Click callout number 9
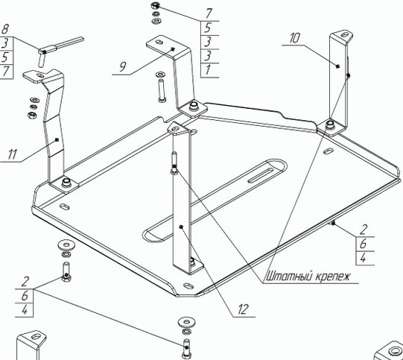tap(123, 66)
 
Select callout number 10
tap(294, 38)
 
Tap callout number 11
tap(12, 154)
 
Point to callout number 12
tap(243, 309)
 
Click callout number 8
tap(5, 29)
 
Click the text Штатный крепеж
tap(308, 277)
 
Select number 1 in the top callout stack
tap(208, 69)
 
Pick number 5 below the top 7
tap(208, 28)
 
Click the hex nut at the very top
tap(154, 5)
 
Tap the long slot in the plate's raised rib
tap(261, 176)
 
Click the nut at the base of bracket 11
tap(66, 182)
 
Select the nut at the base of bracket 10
tap(330, 124)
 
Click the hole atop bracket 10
tap(345, 34)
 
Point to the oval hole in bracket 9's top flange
tap(159, 42)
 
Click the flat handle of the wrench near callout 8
tap(70, 42)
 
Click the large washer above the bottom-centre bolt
tap(186, 321)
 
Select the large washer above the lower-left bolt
tap(66, 244)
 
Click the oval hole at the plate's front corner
tap(189, 286)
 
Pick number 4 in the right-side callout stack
tap(363, 258)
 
